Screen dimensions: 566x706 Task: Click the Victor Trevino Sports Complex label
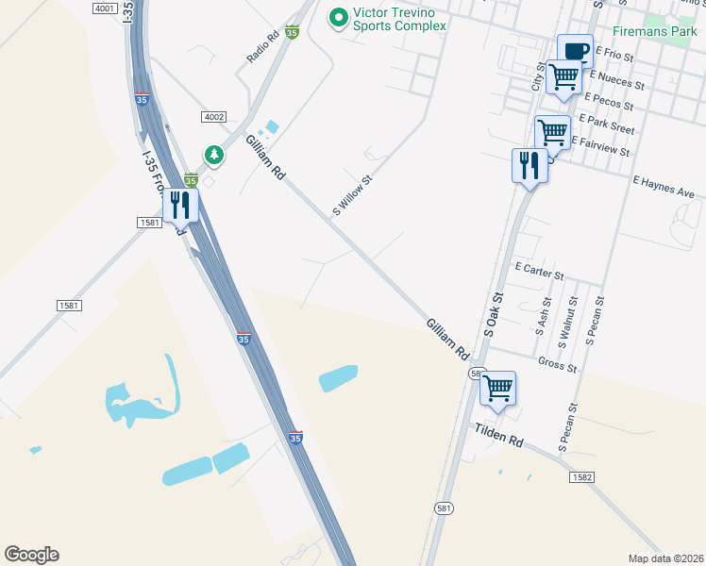tap(398, 19)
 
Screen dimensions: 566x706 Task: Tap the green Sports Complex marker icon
tap(337, 17)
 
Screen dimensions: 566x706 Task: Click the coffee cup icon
tap(574, 50)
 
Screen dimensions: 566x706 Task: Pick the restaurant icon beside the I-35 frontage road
tap(180, 205)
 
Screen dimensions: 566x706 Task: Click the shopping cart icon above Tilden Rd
tap(497, 387)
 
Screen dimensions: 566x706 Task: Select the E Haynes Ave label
tap(664, 186)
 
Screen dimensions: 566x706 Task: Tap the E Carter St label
tap(539, 272)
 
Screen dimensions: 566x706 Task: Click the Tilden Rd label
tap(497, 435)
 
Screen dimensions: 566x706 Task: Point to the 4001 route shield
tap(106, 8)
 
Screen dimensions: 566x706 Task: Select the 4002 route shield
tap(213, 116)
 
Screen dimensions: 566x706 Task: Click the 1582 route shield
tap(581, 478)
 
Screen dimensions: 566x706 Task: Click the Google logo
tap(31, 555)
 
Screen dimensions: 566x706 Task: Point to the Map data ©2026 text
tap(665, 558)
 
